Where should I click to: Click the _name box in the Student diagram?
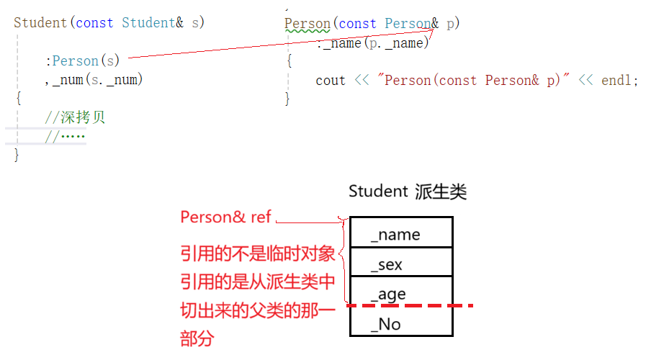(x=400, y=234)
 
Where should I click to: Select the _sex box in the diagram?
(x=400, y=264)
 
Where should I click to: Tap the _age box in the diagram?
(x=400, y=293)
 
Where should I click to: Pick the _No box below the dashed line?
(x=400, y=324)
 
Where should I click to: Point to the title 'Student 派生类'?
(x=408, y=192)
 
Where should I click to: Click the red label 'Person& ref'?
(x=225, y=217)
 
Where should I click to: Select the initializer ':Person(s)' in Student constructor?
(x=82, y=61)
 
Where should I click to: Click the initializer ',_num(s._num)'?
(x=94, y=80)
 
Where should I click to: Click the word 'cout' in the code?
(x=331, y=81)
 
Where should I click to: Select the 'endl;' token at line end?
(x=619, y=81)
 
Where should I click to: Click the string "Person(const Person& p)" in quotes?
(x=470, y=81)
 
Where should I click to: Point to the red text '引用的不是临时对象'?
(x=257, y=253)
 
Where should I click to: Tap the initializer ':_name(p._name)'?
(x=372, y=43)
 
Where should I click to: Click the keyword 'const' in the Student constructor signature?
(x=94, y=23)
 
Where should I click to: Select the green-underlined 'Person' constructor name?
(x=307, y=24)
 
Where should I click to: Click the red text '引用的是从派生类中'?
(x=257, y=282)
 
